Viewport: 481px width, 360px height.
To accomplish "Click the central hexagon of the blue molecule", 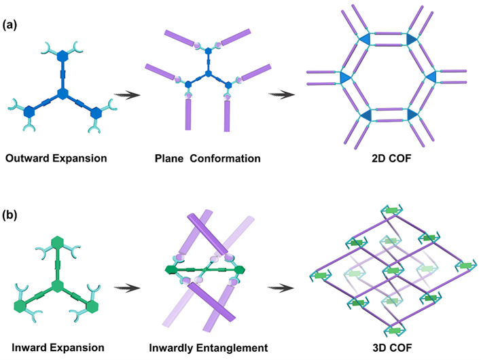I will tap(63, 93).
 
